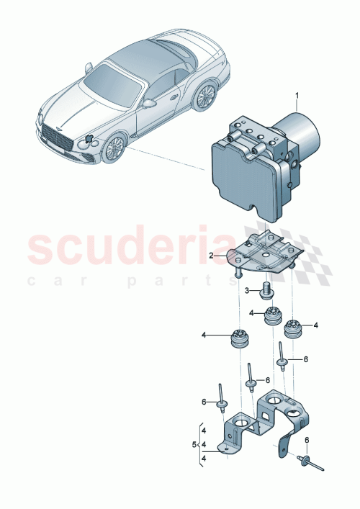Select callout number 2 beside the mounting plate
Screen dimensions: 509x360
(211, 256)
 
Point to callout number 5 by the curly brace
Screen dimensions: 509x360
(194, 444)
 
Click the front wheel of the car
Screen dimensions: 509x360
(112, 148)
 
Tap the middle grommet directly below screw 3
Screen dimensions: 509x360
(272, 315)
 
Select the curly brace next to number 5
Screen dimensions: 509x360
(202, 444)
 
